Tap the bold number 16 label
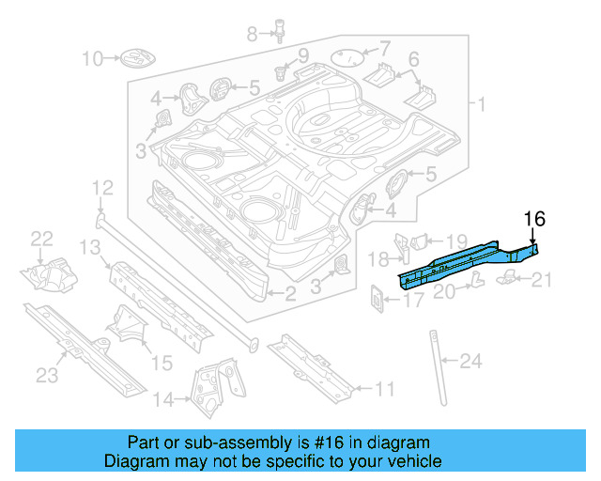[533, 219]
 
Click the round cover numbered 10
[133, 60]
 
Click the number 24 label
[470, 360]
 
